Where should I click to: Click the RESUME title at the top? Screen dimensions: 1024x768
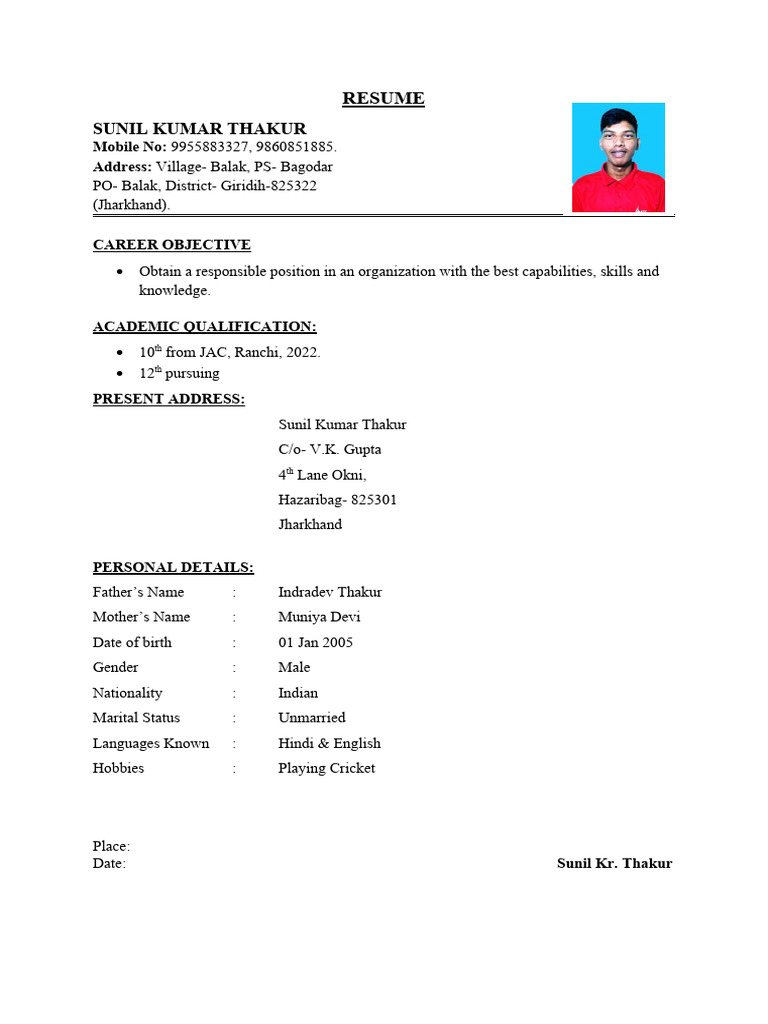tap(383, 98)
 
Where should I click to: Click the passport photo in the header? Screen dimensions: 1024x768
tap(618, 157)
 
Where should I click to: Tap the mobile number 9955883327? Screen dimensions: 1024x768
tap(207, 147)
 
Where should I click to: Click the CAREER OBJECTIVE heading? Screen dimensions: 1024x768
tap(172, 245)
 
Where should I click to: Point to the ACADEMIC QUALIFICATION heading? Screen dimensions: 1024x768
tap(205, 327)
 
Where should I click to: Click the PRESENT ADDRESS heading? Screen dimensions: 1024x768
tap(169, 399)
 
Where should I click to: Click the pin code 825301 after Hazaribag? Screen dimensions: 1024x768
tap(374, 500)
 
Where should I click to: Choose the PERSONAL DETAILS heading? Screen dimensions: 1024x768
tap(173, 568)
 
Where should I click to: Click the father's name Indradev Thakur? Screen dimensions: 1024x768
tap(330, 592)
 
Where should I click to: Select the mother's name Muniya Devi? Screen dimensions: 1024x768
tap(320, 617)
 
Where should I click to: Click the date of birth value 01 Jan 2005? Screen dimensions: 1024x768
tap(315, 642)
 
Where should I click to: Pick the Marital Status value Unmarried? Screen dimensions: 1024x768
tap(312, 718)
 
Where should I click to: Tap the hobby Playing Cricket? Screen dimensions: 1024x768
tap(327, 768)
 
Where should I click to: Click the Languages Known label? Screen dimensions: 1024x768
tap(151, 743)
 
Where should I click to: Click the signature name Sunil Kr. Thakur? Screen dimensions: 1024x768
tap(614, 864)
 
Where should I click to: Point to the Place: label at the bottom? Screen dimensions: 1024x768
tap(111, 846)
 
